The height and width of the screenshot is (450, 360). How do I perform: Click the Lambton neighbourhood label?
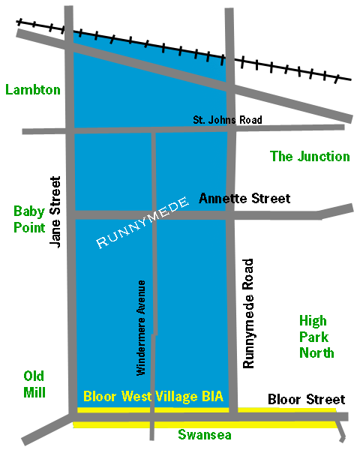pos(33,90)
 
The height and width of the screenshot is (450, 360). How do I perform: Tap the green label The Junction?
pos(310,157)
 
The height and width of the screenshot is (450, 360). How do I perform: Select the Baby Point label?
pos(29,219)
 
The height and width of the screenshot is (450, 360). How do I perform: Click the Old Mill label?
pos(34,384)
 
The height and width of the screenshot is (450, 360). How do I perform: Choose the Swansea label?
pos(204,435)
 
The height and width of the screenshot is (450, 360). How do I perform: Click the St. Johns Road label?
pos(228,120)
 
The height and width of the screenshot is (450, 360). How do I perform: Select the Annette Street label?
pos(244,199)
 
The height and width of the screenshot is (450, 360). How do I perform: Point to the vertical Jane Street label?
pos(55,212)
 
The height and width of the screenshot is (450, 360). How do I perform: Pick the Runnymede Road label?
pos(250,313)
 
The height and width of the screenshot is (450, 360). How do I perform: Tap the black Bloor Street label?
pos(306,399)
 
